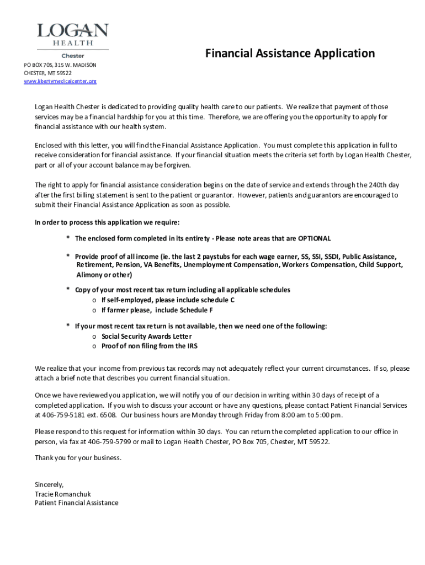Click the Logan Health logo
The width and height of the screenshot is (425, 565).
tap(72, 37)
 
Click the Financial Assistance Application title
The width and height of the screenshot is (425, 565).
tap(290, 54)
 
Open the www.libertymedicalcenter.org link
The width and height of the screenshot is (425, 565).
tap(60, 82)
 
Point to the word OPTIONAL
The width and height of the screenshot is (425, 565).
tap(314, 238)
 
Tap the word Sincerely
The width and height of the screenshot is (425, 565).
tap(49, 484)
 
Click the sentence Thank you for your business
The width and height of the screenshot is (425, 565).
tap(78, 458)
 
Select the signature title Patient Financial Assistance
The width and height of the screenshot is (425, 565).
tap(76, 503)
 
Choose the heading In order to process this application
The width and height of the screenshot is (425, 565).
tap(107, 222)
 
